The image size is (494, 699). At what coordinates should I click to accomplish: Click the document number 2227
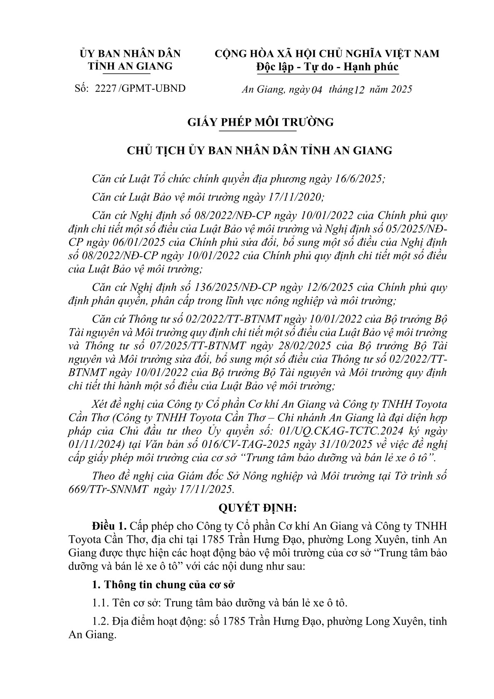click(105, 88)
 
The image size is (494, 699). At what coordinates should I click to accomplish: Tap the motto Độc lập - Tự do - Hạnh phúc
click(327, 67)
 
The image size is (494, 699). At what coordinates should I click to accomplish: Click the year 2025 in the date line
click(399, 89)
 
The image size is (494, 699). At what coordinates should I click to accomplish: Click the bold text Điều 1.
click(109, 526)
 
